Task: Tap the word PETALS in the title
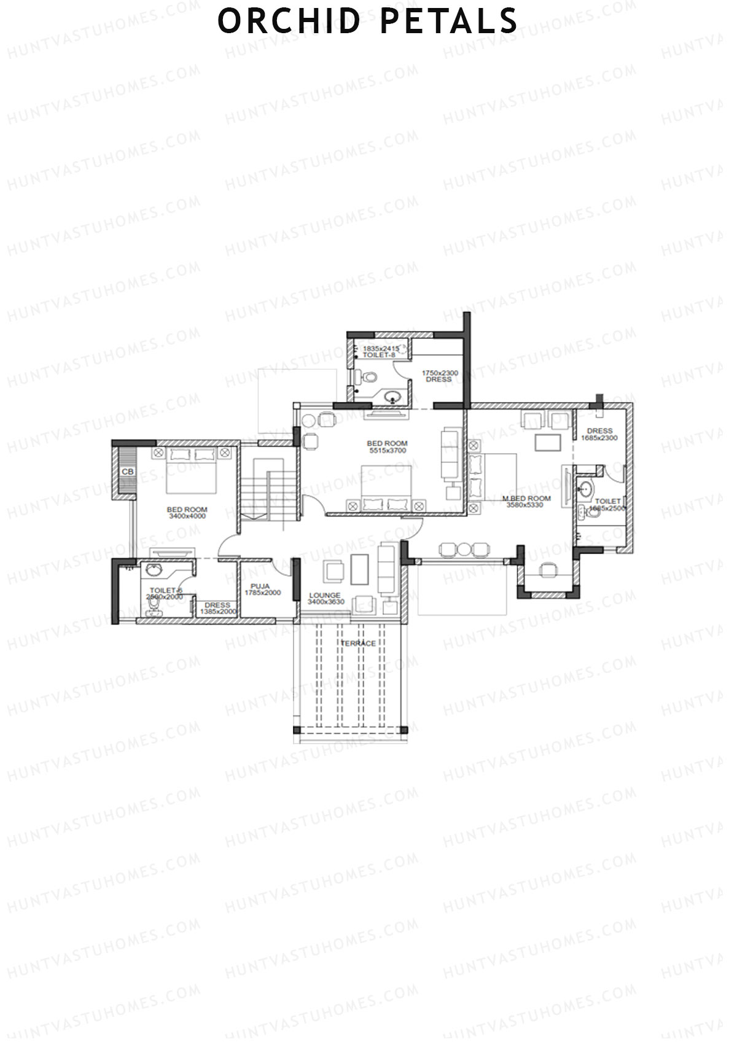[x=448, y=21]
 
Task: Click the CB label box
[x=128, y=472]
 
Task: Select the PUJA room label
[x=260, y=586]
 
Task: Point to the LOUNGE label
[x=325, y=595]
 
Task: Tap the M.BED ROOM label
[x=526, y=498]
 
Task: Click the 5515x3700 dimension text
[x=387, y=451]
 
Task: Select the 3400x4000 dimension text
[x=187, y=516]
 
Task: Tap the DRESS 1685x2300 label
[x=599, y=434]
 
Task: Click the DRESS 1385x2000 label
[x=218, y=608]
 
